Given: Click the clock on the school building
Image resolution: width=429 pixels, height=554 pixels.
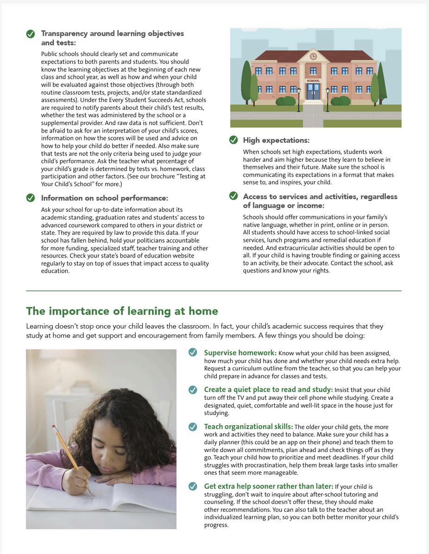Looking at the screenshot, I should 313,56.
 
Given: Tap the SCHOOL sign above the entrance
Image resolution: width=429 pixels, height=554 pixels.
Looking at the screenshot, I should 313,81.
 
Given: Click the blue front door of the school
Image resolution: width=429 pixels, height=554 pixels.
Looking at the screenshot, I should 313,91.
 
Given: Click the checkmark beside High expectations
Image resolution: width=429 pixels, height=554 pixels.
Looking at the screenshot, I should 233,140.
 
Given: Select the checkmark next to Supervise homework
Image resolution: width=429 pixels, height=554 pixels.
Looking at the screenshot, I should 193,353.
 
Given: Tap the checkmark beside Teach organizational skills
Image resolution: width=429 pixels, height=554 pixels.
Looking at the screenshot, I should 193,427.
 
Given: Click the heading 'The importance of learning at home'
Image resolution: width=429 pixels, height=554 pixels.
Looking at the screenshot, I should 122,311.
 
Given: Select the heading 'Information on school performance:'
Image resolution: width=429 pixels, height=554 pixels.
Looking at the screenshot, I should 104,198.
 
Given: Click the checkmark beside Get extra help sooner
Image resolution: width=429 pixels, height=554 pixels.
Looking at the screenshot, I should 193,486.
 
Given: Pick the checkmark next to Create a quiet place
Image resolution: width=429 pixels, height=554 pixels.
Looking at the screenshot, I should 193,390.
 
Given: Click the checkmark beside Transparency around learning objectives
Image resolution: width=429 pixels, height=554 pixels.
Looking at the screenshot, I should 31,34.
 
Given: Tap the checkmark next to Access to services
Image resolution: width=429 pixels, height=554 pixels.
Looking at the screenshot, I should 233,196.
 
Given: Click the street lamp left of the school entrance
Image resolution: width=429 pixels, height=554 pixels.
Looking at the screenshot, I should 299,98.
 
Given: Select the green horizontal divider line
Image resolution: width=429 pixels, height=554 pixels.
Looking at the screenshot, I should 214,291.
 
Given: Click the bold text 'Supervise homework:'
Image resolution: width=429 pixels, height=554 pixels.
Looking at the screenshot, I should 240,353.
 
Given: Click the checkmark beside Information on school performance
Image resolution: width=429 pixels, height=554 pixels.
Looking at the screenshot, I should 31,198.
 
